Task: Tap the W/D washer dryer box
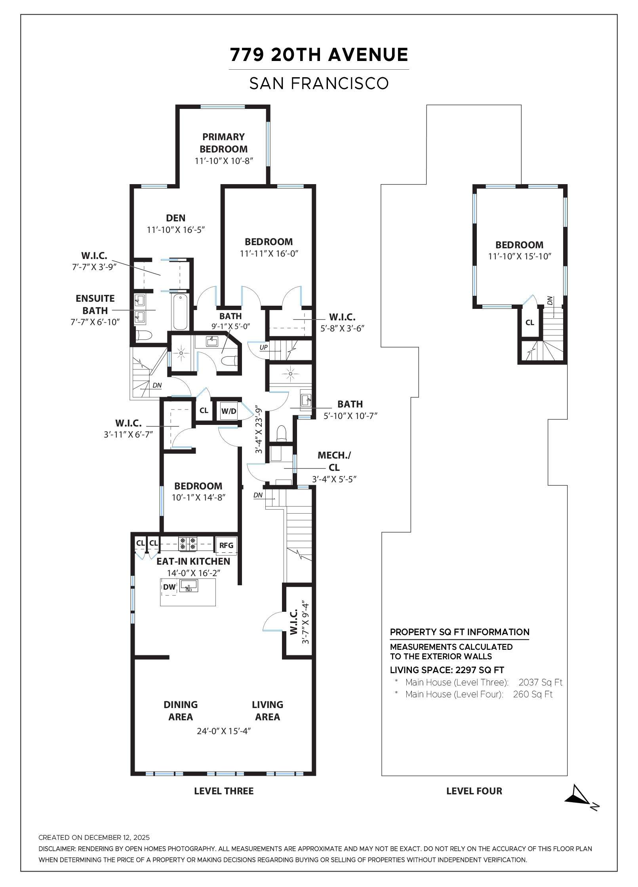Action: [x=229, y=411]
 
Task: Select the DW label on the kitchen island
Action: [x=169, y=587]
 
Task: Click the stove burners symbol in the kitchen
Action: [x=188, y=543]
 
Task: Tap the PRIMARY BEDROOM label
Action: [x=223, y=143]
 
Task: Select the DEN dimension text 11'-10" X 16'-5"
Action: [x=175, y=230]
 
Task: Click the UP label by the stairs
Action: [x=263, y=347]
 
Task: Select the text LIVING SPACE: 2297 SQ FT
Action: [x=447, y=670]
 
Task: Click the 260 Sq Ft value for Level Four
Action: [x=532, y=694]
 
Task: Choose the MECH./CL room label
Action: [x=334, y=461]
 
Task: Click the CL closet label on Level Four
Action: [x=529, y=322]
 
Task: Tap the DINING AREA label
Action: [x=181, y=710]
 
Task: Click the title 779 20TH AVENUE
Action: [x=319, y=55]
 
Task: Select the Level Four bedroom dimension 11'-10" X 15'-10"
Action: [x=520, y=256]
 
